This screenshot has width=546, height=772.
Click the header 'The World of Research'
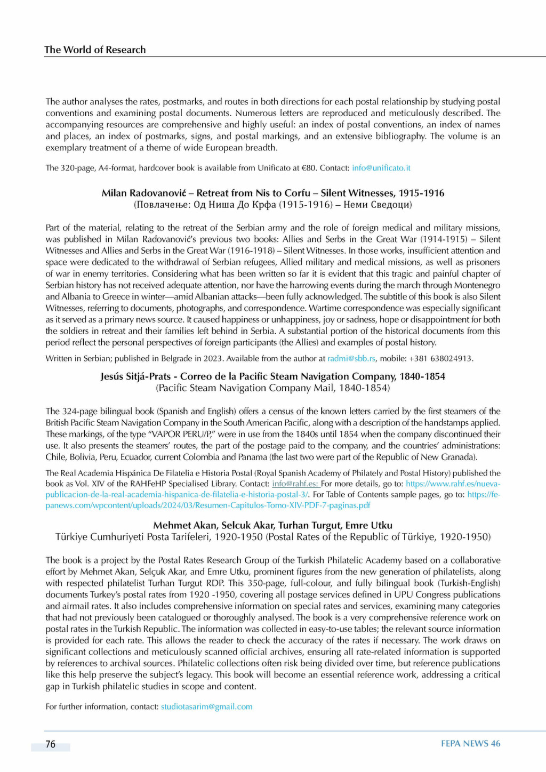(95, 50)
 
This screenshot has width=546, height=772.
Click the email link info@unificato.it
(381, 168)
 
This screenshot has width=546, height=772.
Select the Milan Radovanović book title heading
(272, 193)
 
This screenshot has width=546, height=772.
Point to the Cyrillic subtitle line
(272, 205)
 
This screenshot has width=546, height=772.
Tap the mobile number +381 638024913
(440, 358)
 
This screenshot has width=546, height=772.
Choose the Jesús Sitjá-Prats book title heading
(272, 376)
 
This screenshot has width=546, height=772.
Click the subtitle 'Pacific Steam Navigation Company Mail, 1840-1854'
(272, 388)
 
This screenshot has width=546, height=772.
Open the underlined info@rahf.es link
(295, 484)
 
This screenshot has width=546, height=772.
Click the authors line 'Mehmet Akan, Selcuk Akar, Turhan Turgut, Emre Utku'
(272, 525)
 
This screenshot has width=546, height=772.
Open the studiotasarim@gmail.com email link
(207, 706)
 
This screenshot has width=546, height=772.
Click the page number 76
(51, 744)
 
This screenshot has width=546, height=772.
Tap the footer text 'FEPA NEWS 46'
(470, 744)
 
